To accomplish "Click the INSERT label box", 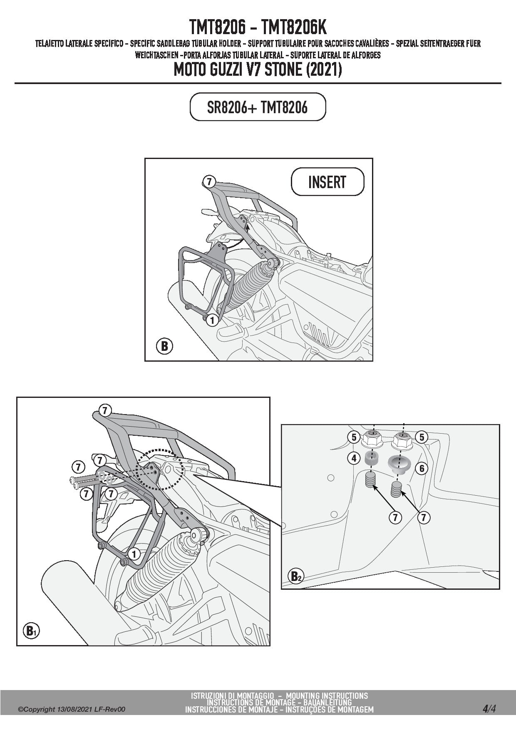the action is (327, 181).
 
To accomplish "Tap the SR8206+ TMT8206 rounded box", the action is (258, 107).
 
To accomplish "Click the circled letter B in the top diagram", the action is (164, 346).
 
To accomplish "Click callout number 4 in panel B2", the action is (354, 458).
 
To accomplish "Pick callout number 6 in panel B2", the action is (422, 468).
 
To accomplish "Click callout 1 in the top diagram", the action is (212, 320).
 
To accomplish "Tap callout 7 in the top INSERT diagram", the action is (209, 182).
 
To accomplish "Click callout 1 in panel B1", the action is (134, 554).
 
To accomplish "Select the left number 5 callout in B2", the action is (354, 437).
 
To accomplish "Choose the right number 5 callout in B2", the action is (422, 437).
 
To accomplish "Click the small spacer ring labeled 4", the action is (371, 459).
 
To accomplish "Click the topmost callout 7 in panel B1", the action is (105, 411).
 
